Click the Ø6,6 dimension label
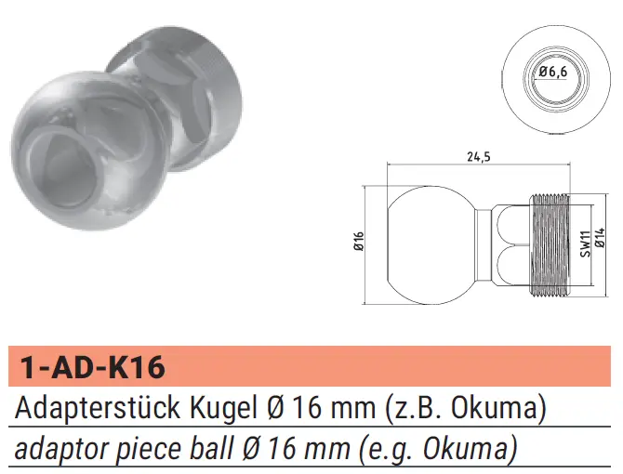(x=553, y=72)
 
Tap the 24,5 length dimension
(x=478, y=157)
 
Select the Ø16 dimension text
(x=358, y=241)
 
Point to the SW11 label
(x=585, y=244)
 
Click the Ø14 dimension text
(x=600, y=237)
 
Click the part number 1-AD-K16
(x=92, y=367)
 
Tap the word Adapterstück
(x=97, y=408)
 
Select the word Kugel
(x=223, y=409)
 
